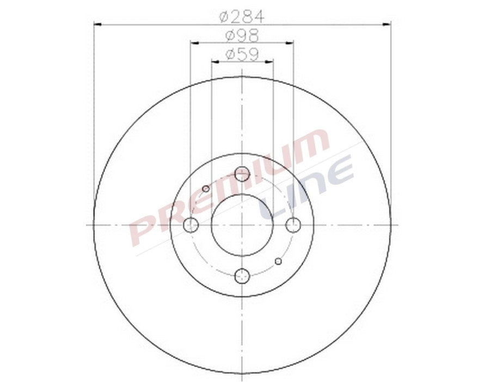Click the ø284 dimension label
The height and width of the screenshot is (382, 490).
(x=242, y=17)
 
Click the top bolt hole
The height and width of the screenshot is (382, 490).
(x=242, y=174)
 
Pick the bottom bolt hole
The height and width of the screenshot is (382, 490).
(x=242, y=276)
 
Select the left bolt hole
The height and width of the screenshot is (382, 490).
(x=191, y=225)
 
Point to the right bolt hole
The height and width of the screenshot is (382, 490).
(x=293, y=225)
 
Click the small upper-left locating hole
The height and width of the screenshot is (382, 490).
(x=206, y=188)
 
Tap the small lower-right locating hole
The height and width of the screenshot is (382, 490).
(x=278, y=261)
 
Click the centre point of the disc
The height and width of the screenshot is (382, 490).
(x=242, y=225)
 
